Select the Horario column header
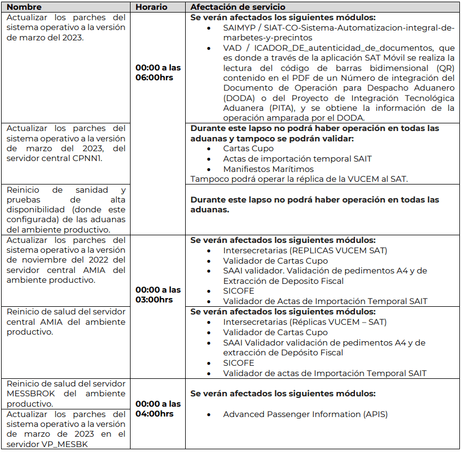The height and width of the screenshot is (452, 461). (151, 7)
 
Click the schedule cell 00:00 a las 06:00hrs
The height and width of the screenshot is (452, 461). (158, 73)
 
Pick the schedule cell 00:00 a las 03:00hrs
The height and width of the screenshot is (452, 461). (158, 295)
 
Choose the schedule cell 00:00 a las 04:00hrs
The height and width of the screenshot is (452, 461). (158, 409)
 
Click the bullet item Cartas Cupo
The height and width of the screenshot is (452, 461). (248, 148)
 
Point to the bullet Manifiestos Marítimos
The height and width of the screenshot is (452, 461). (268, 169)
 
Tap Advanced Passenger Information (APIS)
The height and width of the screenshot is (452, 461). (305, 414)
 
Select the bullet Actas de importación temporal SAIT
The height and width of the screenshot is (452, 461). (297, 158)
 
